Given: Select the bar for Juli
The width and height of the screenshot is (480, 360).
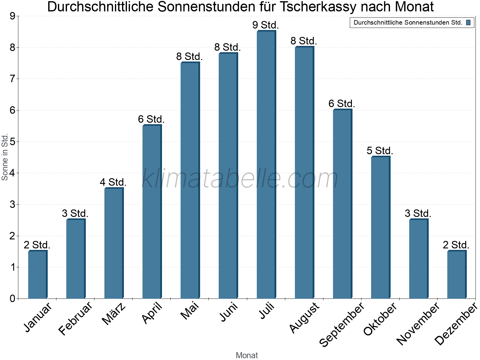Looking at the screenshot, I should point(266,165).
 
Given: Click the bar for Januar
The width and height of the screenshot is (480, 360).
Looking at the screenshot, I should point(37,274).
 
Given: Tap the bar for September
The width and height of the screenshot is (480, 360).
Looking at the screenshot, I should point(342,204).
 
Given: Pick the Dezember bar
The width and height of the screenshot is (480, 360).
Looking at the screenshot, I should point(457,274).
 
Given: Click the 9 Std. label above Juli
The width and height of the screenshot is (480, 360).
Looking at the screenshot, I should point(265,25).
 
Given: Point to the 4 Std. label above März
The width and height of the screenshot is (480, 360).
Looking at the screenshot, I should point(113,182).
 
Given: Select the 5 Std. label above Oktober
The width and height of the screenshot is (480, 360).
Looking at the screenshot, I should point(380,151).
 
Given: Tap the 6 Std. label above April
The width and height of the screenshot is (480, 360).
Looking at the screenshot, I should point(151,119).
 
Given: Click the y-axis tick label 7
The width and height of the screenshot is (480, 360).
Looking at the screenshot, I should point(12,79).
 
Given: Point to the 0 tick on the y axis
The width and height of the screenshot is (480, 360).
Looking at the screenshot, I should point(12,298).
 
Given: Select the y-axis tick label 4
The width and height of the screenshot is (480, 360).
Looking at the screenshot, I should point(12,173).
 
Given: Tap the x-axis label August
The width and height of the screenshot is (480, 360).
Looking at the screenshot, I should point(304,317).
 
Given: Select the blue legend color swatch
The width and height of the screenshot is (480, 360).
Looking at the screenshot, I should point(469,22).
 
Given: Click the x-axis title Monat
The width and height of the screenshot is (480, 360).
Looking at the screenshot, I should point(247,355).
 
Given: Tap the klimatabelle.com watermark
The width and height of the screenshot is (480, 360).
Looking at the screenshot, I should point(240,178).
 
